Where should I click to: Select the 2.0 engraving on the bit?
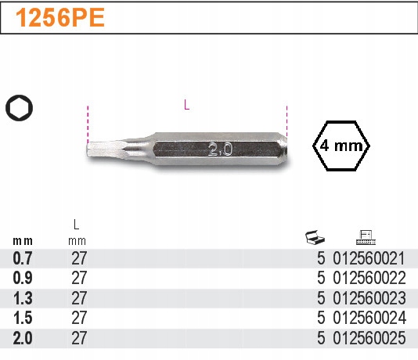coord(220,149)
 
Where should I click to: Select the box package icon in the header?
coord(314,236)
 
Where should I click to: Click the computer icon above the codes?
coord(364,236)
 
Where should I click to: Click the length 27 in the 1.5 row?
coord(79,319)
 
